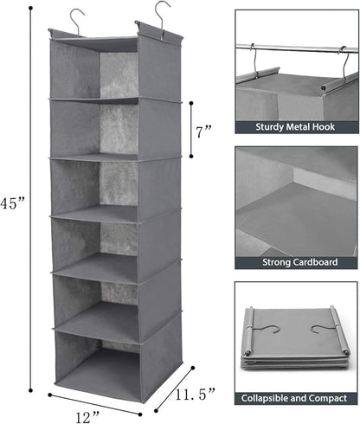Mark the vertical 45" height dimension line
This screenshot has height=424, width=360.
[32, 208]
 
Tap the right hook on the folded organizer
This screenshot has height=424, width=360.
[322, 329]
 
